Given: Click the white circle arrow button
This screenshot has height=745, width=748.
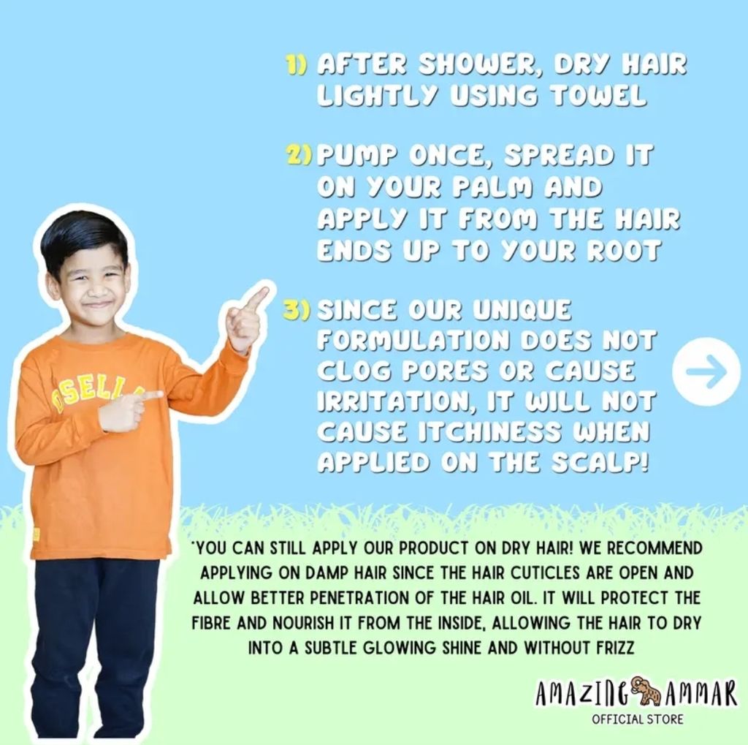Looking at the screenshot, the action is coord(706,371).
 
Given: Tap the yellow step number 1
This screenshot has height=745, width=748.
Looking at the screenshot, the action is coord(296,64).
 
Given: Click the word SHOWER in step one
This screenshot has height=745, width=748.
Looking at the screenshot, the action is coord(481,65).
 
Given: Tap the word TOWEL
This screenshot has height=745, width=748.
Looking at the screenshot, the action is coord(599,95).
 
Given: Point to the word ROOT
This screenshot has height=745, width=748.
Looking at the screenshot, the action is coord(624,249).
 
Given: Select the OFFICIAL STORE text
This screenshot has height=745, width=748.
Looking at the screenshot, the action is coord(638,719).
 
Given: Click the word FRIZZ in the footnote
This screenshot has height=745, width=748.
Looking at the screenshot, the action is coord(616,648).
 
